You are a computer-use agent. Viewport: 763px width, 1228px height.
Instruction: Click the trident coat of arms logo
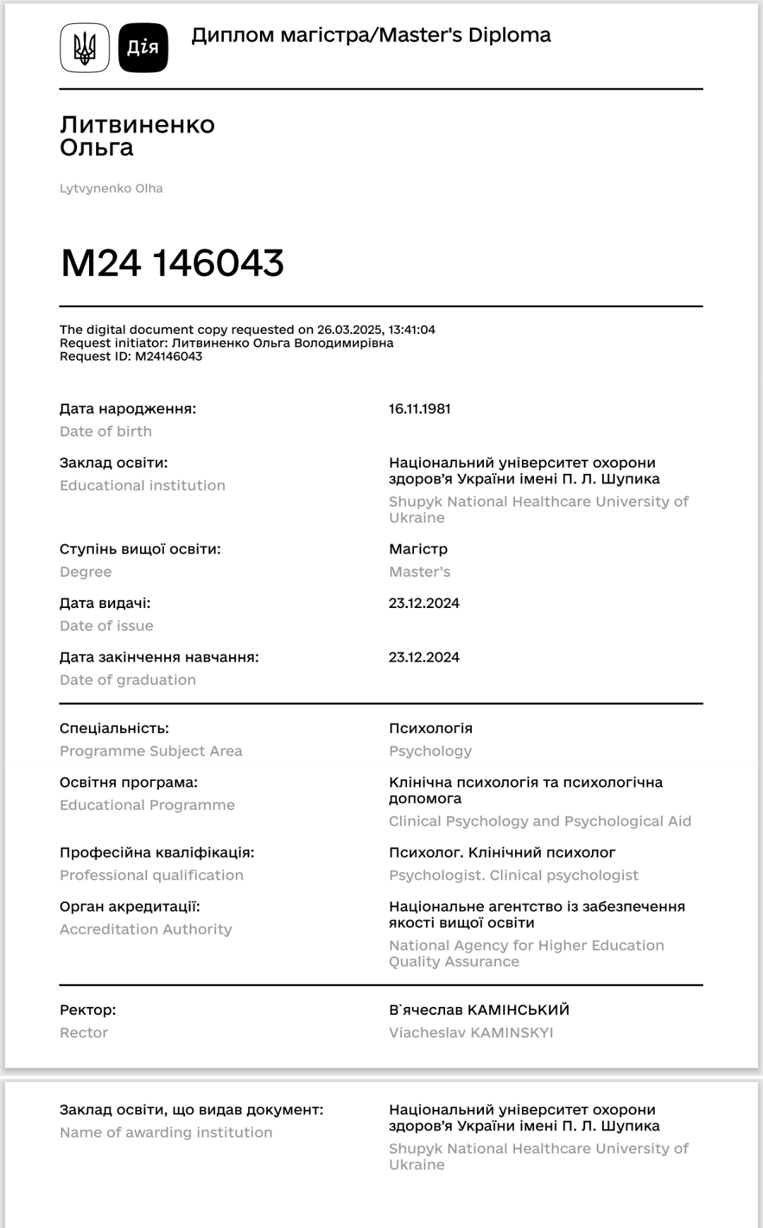coord(85,48)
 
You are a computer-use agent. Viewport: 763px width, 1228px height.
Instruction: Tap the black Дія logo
coord(143,48)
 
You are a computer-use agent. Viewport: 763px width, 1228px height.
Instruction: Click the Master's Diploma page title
coord(371,35)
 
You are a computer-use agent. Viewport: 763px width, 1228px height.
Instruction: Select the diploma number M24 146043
coord(172,263)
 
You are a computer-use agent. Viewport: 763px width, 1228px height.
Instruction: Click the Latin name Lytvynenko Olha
coord(111,189)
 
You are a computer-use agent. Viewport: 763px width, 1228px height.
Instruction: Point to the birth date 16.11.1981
coord(420,409)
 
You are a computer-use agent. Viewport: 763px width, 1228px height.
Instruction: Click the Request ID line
coord(131,357)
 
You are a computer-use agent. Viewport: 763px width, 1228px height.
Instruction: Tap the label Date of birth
coord(105,431)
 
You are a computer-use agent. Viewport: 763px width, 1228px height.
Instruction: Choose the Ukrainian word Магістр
coord(418,549)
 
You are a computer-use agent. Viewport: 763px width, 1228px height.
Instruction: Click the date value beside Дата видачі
coord(424,603)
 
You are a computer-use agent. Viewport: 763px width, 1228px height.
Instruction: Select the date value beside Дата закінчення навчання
coord(424,657)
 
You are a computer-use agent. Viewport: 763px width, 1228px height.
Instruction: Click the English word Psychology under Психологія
coord(430,751)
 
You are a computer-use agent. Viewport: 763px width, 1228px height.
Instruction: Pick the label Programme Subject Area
coord(150,751)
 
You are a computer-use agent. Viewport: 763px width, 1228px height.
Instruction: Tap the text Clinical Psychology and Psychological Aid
coord(540,821)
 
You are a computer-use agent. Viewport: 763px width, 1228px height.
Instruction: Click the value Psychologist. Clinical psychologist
coord(514,876)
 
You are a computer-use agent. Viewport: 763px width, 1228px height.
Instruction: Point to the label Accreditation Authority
coord(146,929)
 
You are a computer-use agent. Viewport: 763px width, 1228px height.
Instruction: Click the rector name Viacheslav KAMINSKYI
coord(471,1033)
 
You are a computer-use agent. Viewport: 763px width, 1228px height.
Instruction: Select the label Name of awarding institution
coord(165,1133)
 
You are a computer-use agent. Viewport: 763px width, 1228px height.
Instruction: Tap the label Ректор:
coord(88,1010)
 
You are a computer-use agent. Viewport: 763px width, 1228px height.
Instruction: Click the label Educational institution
coord(142,486)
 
